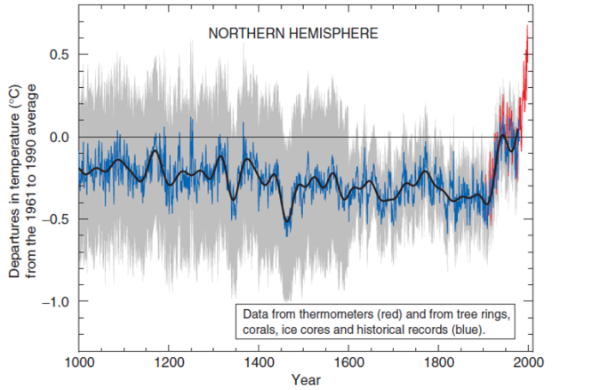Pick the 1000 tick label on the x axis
pyautogui.click(x=79, y=362)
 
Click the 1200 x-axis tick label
pyautogui.click(x=169, y=362)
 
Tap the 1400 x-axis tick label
pyautogui.click(x=259, y=362)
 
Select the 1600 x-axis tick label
pyautogui.click(x=348, y=362)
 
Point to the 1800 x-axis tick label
pyautogui.click(x=439, y=362)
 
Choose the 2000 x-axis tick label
pyautogui.click(x=529, y=362)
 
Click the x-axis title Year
pyautogui.click(x=304, y=380)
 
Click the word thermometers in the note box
pyautogui.click(x=336, y=315)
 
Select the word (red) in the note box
pyautogui.click(x=385, y=315)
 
